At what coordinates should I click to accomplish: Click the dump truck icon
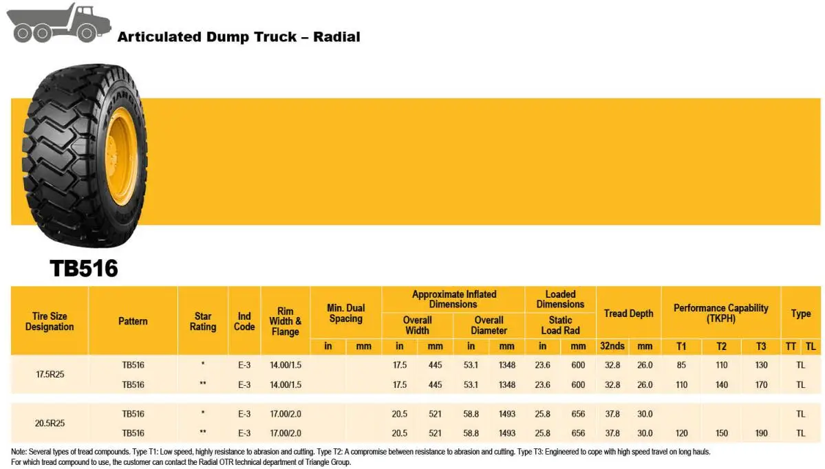[53, 23]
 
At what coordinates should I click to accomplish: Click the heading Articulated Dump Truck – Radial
[238, 37]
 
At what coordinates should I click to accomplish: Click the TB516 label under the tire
[83, 268]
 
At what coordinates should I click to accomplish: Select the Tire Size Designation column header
[50, 321]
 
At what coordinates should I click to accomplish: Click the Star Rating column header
[203, 321]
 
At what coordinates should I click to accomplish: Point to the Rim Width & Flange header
[286, 321]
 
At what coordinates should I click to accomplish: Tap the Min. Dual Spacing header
[345, 313]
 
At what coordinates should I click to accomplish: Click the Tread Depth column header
[628, 313]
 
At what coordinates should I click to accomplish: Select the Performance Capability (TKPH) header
[720, 313]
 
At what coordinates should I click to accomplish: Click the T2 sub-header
[721, 347]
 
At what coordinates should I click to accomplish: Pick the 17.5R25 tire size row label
[50, 375]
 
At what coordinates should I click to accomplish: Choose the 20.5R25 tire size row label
[50, 424]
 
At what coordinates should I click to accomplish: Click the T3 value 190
[761, 433]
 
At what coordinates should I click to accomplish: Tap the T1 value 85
[681, 365]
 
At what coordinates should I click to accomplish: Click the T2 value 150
[721, 433]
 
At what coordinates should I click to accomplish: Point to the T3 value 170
[761, 384]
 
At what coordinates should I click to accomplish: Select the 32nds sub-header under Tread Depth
[612, 347]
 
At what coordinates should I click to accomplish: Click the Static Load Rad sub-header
[560, 325]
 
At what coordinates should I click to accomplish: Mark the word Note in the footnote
[19, 452]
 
